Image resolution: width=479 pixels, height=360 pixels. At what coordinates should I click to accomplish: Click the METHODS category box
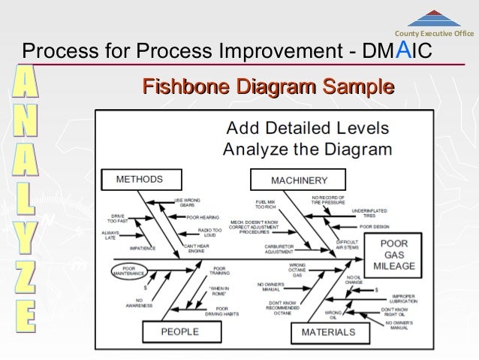pos(139,180)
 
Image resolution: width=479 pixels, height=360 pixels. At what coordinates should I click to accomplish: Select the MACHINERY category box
pos(299,180)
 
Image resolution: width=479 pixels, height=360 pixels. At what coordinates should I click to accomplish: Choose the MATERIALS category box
pos(328,331)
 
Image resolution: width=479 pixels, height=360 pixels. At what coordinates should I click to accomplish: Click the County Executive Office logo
pos(434,22)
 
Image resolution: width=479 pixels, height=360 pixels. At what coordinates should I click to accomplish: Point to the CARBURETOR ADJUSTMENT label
pos(279,248)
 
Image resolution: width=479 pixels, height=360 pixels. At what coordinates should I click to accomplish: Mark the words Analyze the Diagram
pos(308,148)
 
